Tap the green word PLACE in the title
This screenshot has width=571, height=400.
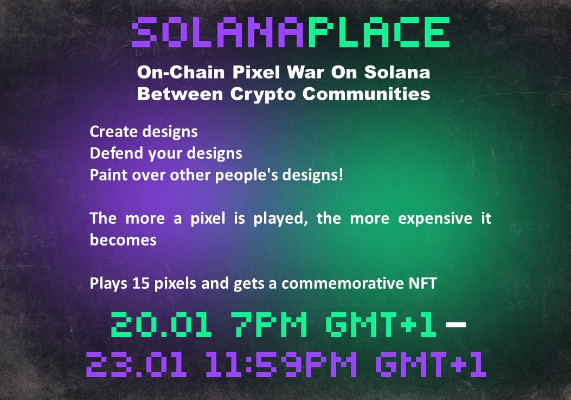(378, 33)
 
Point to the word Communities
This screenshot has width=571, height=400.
(367, 94)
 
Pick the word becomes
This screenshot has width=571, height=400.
(123, 240)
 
